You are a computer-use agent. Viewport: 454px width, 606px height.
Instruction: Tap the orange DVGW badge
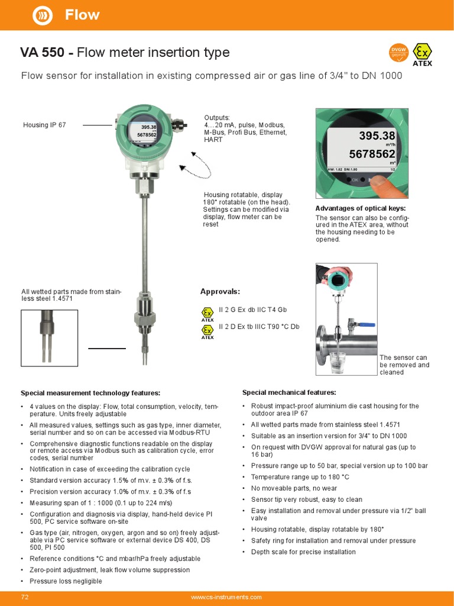pyautogui.click(x=398, y=53)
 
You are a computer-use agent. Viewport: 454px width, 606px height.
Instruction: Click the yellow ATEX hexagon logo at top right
pyautogui.click(x=422, y=53)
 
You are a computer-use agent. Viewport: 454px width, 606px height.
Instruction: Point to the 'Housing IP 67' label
pyautogui.click(x=44, y=125)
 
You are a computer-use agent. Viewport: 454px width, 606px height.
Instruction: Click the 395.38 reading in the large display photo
pyautogui.click(x=377, y=137)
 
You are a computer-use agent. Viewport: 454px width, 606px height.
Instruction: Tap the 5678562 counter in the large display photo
pyautogui.click(x=372, y=154)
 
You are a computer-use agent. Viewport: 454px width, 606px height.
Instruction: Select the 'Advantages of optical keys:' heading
pyautogui.click(x=360, y=208)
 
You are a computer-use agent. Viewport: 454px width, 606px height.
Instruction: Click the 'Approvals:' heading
pyautogui.click(x=220, y=292)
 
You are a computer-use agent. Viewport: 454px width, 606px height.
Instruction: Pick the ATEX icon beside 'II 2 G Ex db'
pyautogui.click(x=207, y=314)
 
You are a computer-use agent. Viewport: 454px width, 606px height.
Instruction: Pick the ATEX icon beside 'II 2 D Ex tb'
pyautogui.click(x=207, y=331)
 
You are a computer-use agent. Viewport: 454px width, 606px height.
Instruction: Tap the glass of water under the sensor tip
pyautogui.click(x=338, y=362)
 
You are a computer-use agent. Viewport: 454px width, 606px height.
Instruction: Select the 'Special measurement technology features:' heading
pyautogui.click(x=90, y=393)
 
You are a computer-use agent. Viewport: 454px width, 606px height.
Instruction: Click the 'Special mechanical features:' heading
pyautogui.click(x=289, y=392)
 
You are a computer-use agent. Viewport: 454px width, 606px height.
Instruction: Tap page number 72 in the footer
pyautogui.click(x=25, y=597)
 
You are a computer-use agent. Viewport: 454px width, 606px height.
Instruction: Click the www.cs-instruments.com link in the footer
pyautogui.click(x=226, y=597)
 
